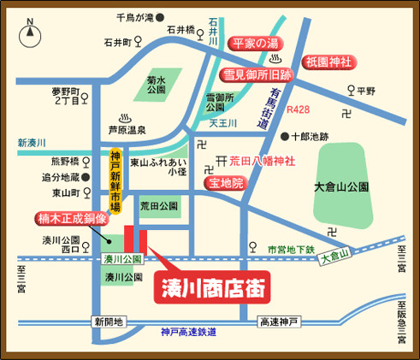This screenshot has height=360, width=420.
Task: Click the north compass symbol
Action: [29, 35]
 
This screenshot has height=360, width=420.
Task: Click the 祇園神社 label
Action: [328, 62]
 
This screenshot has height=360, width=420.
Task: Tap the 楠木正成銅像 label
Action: [72, 219]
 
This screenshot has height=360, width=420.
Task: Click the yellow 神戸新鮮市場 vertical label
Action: [116, 180]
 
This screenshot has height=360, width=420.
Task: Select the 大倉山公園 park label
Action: [340, 186]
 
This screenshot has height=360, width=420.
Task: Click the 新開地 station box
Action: [109, 322]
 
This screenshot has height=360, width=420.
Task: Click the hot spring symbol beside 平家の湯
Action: [275, 58]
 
